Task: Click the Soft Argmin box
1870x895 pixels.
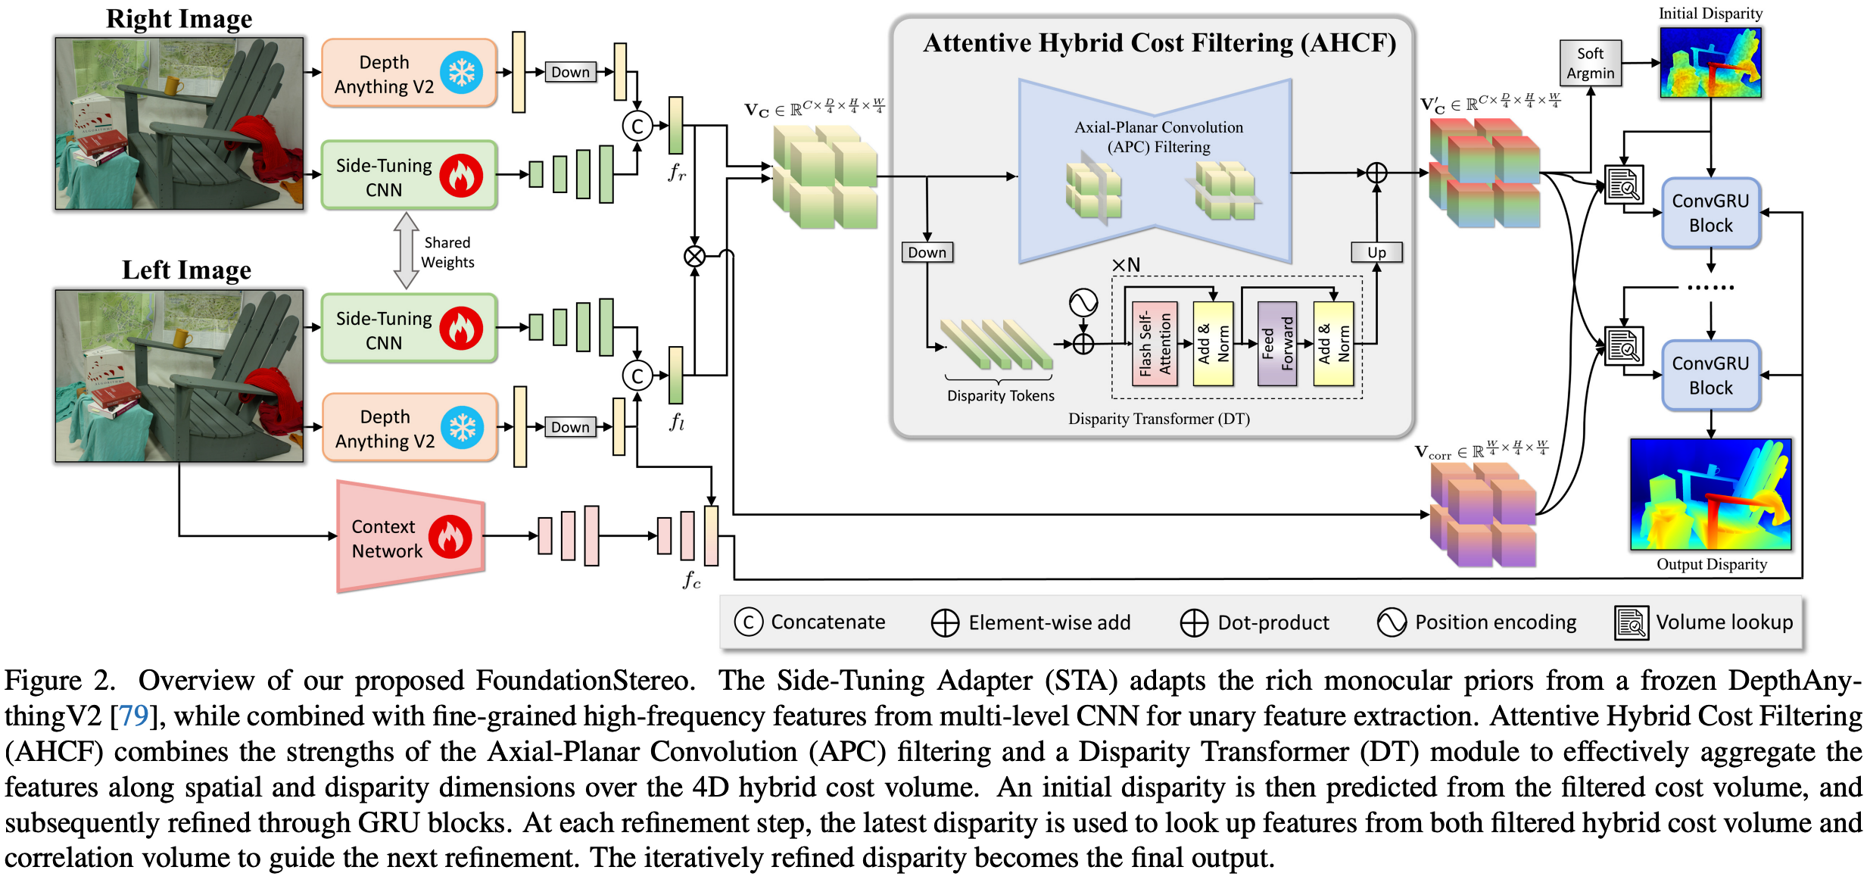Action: point(1590,63)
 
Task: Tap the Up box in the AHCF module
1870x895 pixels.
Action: point(1376,252)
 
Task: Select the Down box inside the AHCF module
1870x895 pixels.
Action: point(927,252)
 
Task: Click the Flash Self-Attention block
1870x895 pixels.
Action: point(1155,344)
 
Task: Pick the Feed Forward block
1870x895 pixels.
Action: point(1277,344)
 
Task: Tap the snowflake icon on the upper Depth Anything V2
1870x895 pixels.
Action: point(461,73)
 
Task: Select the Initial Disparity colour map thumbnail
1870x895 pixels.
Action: point(1710,62)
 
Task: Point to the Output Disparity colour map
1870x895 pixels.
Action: point(1710,494)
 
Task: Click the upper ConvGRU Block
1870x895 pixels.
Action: point(1710,213)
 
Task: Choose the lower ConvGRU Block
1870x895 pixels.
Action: point(1710,376)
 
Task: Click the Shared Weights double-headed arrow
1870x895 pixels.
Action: point(407,251)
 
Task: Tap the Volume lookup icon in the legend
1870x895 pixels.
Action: point(1632,622)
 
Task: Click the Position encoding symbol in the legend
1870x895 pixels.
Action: point(1392,622)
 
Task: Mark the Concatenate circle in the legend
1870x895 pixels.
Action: point(748,622)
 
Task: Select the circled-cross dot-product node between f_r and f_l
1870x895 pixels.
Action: point(694,257)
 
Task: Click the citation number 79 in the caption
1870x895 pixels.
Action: point(133,716)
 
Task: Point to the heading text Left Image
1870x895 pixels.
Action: point(186,270)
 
